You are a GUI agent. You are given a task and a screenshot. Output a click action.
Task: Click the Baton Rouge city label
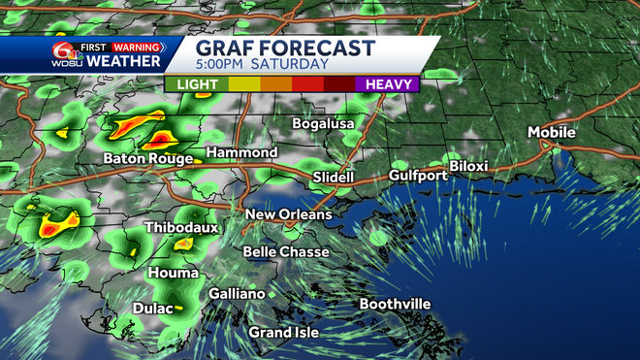148,158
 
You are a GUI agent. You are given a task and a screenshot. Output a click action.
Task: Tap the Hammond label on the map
242,153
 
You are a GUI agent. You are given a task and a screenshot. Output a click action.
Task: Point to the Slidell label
334,178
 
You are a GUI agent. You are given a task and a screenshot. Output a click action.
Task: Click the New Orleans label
288,213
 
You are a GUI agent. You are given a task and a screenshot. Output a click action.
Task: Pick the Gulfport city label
418,176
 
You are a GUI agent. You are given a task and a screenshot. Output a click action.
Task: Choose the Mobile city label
552,132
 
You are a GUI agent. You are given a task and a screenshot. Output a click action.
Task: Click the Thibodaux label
181,227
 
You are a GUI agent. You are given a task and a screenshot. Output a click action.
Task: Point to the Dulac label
151,308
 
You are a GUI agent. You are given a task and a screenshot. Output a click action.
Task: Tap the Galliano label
237,294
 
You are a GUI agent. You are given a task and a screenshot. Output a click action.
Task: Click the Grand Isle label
283,333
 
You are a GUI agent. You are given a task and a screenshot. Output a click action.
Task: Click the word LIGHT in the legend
196,84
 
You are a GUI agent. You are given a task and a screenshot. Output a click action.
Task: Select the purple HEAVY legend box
385,84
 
